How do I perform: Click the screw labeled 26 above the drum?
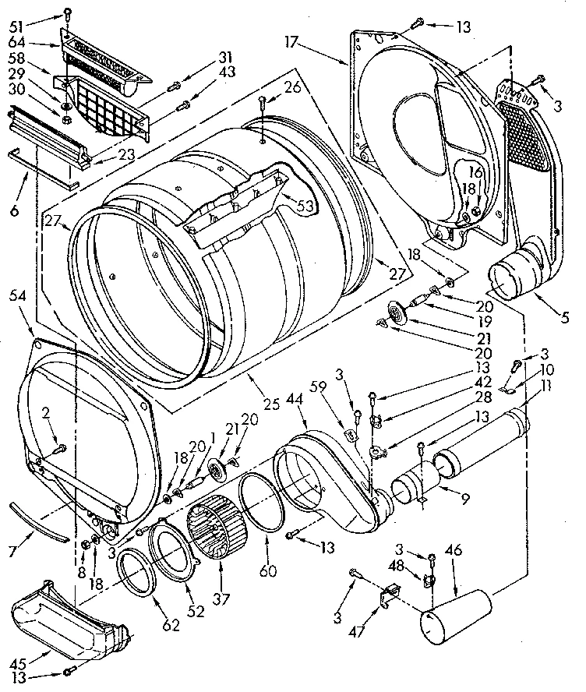(262, 101)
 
